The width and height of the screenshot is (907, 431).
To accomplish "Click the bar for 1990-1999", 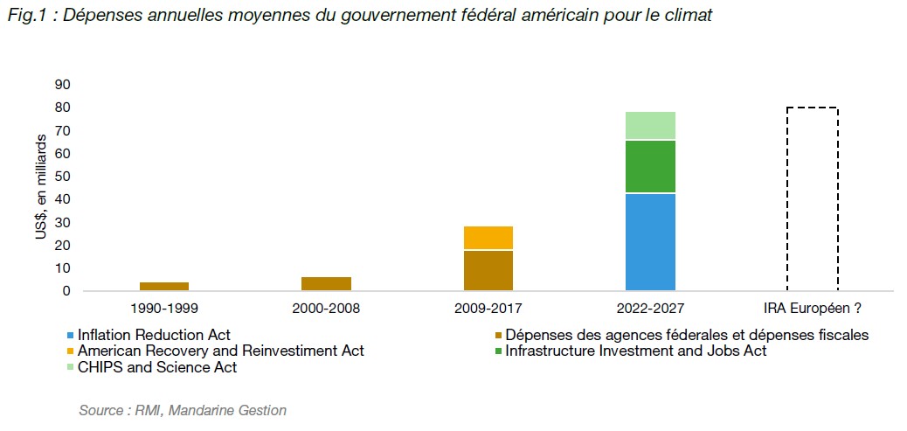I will [164, 286].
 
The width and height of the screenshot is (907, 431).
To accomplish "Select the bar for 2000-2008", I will [326, 283].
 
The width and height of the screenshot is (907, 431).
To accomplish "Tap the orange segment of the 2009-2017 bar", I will [488, 238].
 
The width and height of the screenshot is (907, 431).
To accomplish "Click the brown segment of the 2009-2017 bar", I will [488, 270].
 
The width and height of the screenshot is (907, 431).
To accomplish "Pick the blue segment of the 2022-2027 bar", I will [650, 242].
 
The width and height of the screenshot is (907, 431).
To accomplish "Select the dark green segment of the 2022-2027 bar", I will [650, 166].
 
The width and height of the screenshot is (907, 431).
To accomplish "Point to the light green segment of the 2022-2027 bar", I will [650, 126].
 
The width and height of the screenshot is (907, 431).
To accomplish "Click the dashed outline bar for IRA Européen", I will [813, 199].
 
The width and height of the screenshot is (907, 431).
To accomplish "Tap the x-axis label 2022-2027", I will [650, 308].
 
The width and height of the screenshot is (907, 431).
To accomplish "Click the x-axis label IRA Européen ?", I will [813, 308].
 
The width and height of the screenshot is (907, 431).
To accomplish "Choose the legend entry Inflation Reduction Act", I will [151, 334].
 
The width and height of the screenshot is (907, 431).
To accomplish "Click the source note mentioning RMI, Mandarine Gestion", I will [182, 409].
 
